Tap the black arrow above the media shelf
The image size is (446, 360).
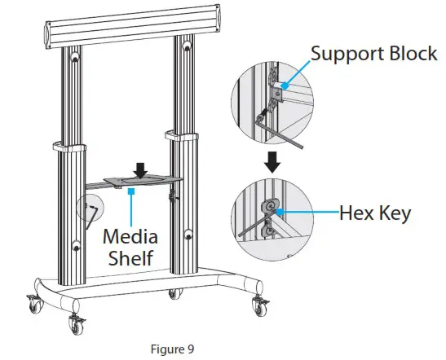(141, 169)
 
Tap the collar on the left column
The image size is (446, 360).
(68, 149)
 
